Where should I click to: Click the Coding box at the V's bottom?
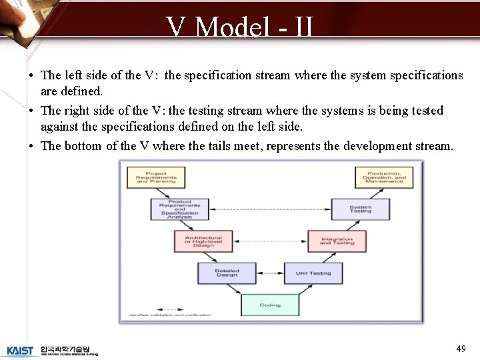tap(270, 305)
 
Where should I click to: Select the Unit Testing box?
tap(313, 273)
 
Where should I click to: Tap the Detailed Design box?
tap(227, 273)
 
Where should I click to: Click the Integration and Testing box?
tap(337, 241)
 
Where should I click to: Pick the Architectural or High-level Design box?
tap(203, 241)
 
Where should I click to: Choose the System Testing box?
tap(361, 209)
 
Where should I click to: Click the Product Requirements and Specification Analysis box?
tap(179, 209)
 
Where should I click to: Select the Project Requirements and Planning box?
tap(156, 177)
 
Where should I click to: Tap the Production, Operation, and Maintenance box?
tap(384, 177)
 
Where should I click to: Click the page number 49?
tap(461, 349)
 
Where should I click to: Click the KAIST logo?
tap(19, 351)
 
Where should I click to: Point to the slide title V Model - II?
tap(240, 27)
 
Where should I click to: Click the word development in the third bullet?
tap(374, 146)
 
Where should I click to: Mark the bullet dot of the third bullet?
tap(32, 146)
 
